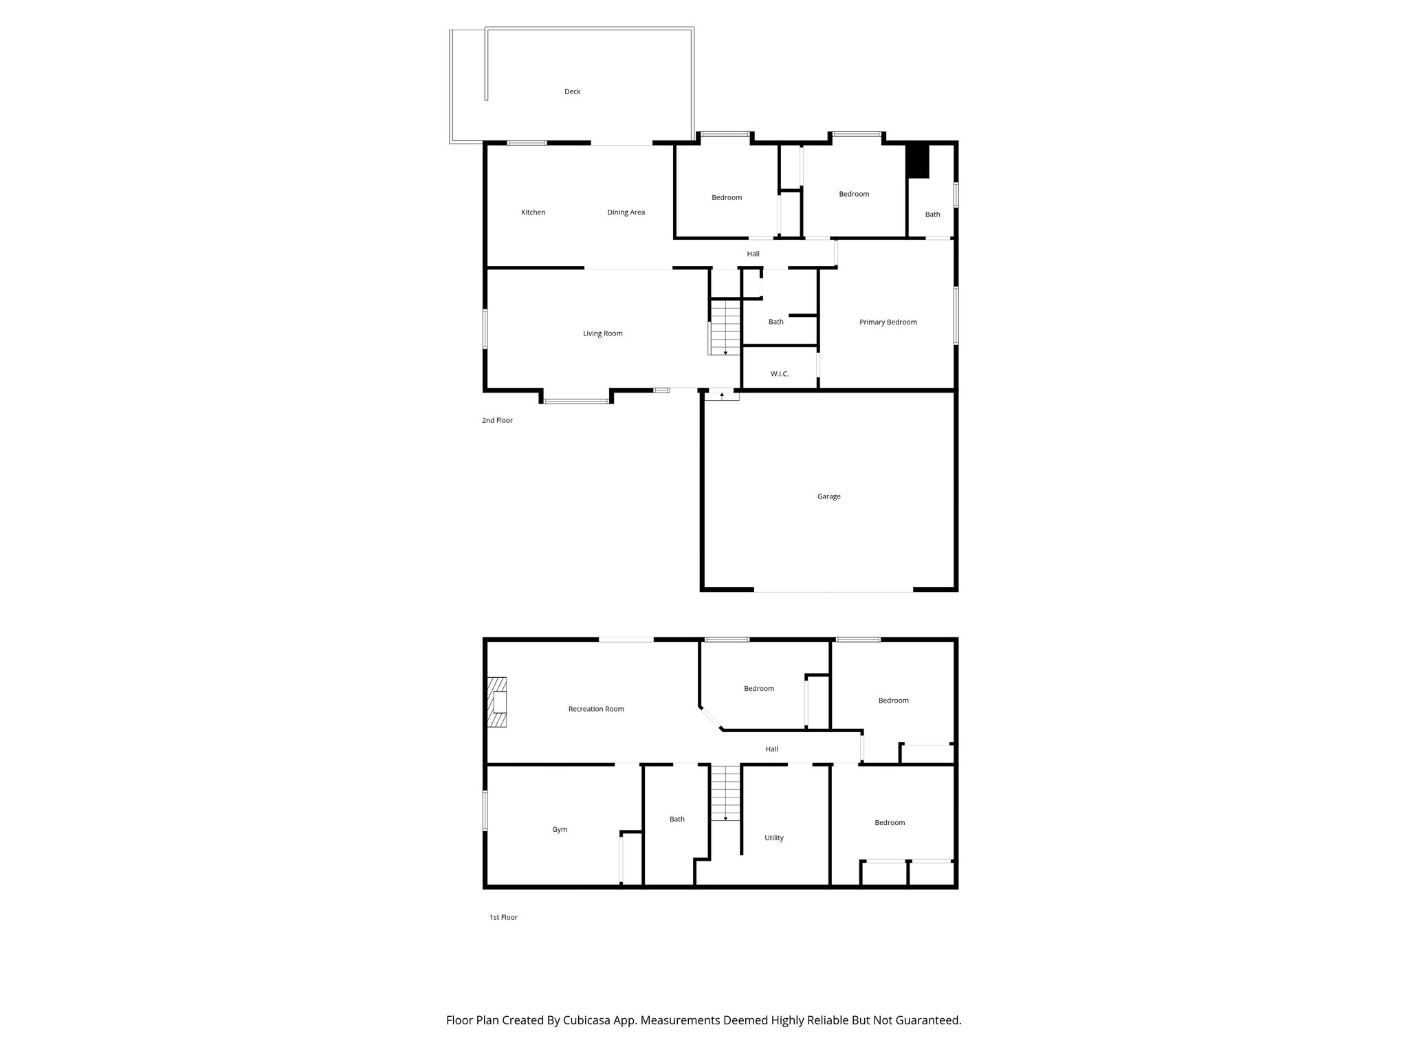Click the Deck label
572,91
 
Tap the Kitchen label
533,212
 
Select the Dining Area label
626,212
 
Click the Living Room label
602,333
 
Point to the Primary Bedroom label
888,322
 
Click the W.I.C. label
780,374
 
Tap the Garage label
828,496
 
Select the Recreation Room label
596,709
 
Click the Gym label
560,830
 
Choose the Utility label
773,838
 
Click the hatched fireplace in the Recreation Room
497,702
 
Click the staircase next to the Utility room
725,792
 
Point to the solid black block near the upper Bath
917,161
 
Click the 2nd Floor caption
497,420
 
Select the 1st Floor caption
503,917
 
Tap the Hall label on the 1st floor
771,749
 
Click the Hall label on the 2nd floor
753,254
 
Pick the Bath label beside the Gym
676,819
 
